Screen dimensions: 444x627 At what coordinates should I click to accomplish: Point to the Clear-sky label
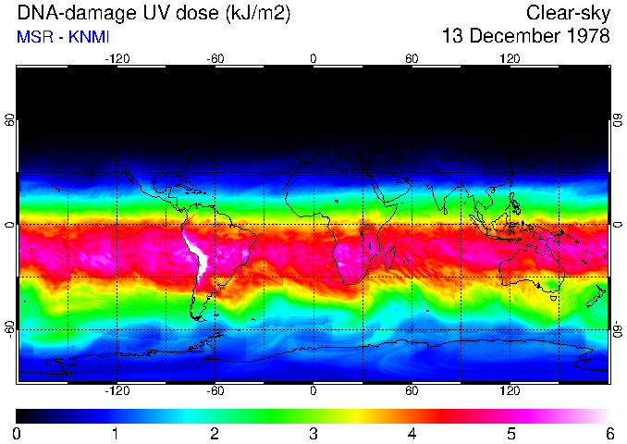coord(568,13)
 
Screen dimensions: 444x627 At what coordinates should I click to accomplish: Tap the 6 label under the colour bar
coord(609,433)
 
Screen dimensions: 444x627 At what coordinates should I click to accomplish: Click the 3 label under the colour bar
coord(313,433)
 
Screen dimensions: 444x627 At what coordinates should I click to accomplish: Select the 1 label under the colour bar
coord(116,433)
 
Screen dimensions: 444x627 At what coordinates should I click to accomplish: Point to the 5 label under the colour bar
coord(510,433)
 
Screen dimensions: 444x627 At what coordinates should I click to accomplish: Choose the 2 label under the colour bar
coord(215,433)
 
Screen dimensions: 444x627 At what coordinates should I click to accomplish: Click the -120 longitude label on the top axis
coord(117,58)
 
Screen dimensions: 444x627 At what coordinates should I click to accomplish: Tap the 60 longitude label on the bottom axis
coord(412,391)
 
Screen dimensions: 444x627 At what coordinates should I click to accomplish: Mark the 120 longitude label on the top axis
coord(510,58)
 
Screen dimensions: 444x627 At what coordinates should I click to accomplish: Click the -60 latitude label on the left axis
coord(10,328)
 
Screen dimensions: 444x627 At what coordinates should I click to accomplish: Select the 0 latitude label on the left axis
coord(10,225)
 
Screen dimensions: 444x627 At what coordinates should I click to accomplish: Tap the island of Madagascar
coord(392,258)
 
